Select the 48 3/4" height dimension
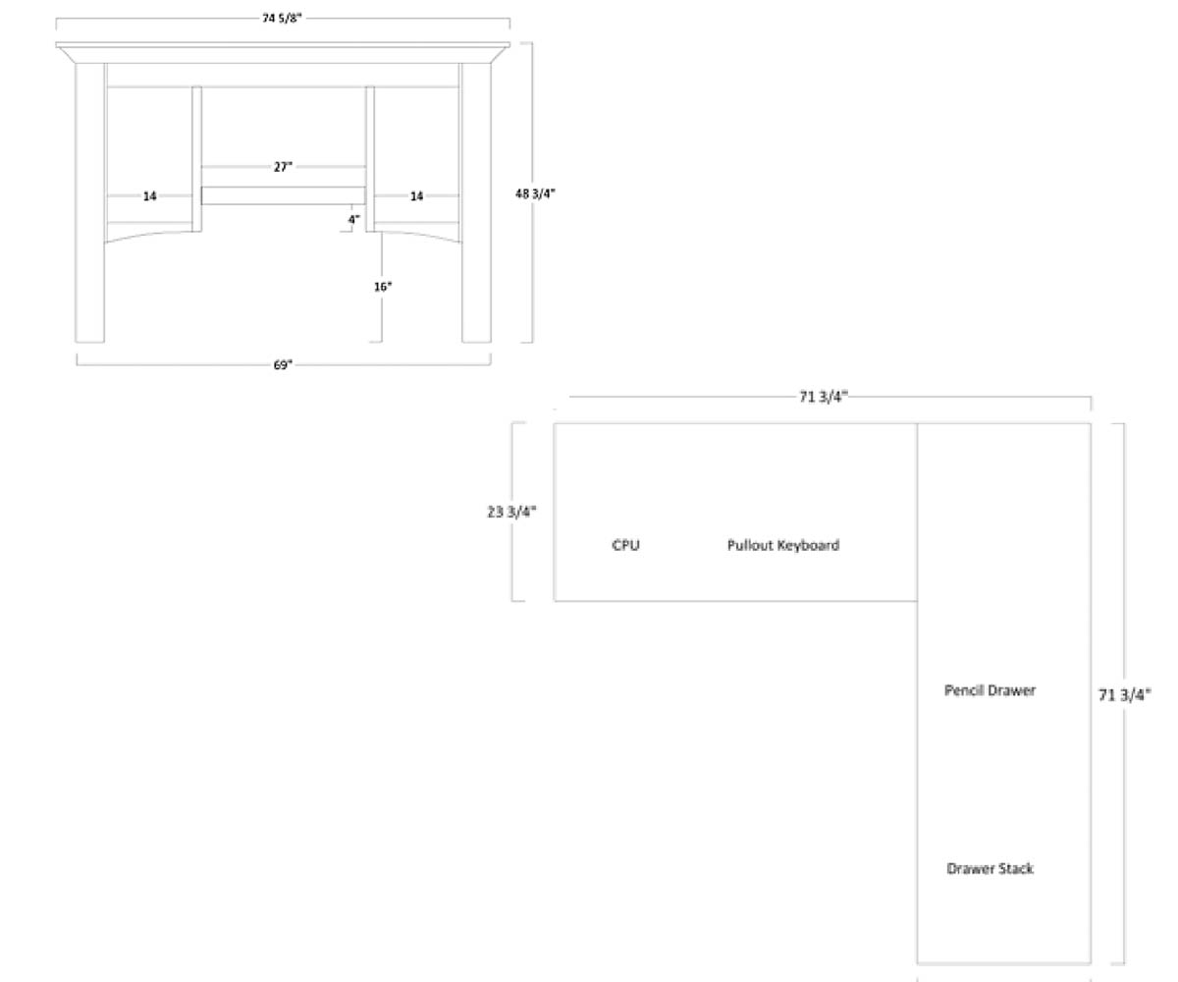pos(535,193)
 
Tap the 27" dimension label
pos(283,167)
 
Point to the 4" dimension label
pos(353,219)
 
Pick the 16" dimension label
pos(383,287)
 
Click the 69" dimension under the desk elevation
pos(283,365)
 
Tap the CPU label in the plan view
pos(625,545)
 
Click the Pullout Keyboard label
pos(782,545)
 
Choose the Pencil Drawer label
pos(990,690)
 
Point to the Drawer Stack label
pos(990,869)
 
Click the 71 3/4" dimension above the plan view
pos(823,397)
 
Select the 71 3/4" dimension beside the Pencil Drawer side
pos(1124,695)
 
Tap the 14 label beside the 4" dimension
pos(416,196)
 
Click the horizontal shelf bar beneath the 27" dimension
pos(284,195)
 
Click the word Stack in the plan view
pos(1015,869)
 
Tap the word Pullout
pos(750,545)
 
